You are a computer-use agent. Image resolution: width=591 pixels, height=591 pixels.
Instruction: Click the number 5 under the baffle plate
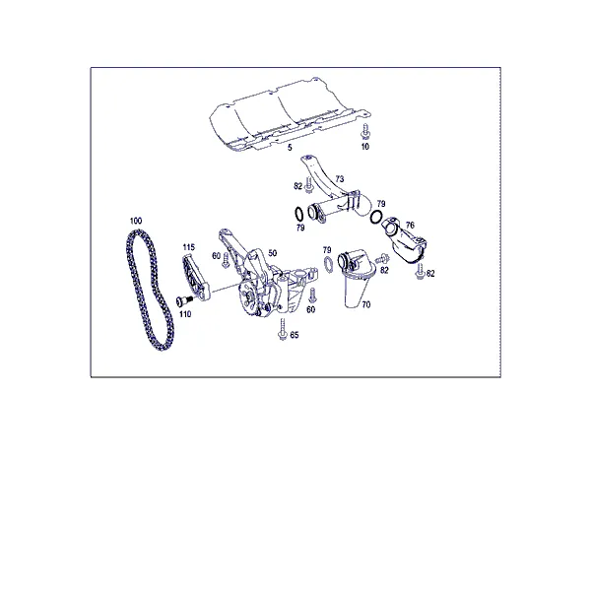point(290,148)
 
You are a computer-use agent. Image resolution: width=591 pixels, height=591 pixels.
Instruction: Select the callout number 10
point(365,146)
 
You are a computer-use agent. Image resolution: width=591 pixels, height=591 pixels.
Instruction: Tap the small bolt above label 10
point(365,132)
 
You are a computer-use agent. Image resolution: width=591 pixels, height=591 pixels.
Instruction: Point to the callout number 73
point(340,178)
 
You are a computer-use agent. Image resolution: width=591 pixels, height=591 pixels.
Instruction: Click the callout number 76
point(410,225)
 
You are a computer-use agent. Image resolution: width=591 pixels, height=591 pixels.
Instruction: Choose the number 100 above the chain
point(136,221)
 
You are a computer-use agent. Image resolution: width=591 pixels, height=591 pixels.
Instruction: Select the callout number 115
point(189,247)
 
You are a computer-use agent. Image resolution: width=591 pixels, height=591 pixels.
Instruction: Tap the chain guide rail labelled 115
point(195,278)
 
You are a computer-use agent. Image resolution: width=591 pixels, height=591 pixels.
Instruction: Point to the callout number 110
point(185,314)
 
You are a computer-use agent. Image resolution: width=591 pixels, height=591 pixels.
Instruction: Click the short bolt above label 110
point(184,300)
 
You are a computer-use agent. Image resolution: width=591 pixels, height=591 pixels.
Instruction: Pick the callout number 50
point(272,252)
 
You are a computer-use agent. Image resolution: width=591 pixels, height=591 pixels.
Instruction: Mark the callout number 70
point(366,304)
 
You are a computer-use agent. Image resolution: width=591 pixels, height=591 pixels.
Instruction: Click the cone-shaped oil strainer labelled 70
point(357,278)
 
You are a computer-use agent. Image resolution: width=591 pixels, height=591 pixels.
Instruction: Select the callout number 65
point(295,335)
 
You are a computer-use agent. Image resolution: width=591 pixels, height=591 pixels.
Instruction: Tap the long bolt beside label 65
point(283,329)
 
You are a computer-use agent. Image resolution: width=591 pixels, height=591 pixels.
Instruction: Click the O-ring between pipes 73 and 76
point(376,217)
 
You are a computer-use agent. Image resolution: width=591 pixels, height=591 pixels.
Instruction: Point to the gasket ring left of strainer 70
point(328,264)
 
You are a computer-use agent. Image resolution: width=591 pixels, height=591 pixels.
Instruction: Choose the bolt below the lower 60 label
point(312,295)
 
